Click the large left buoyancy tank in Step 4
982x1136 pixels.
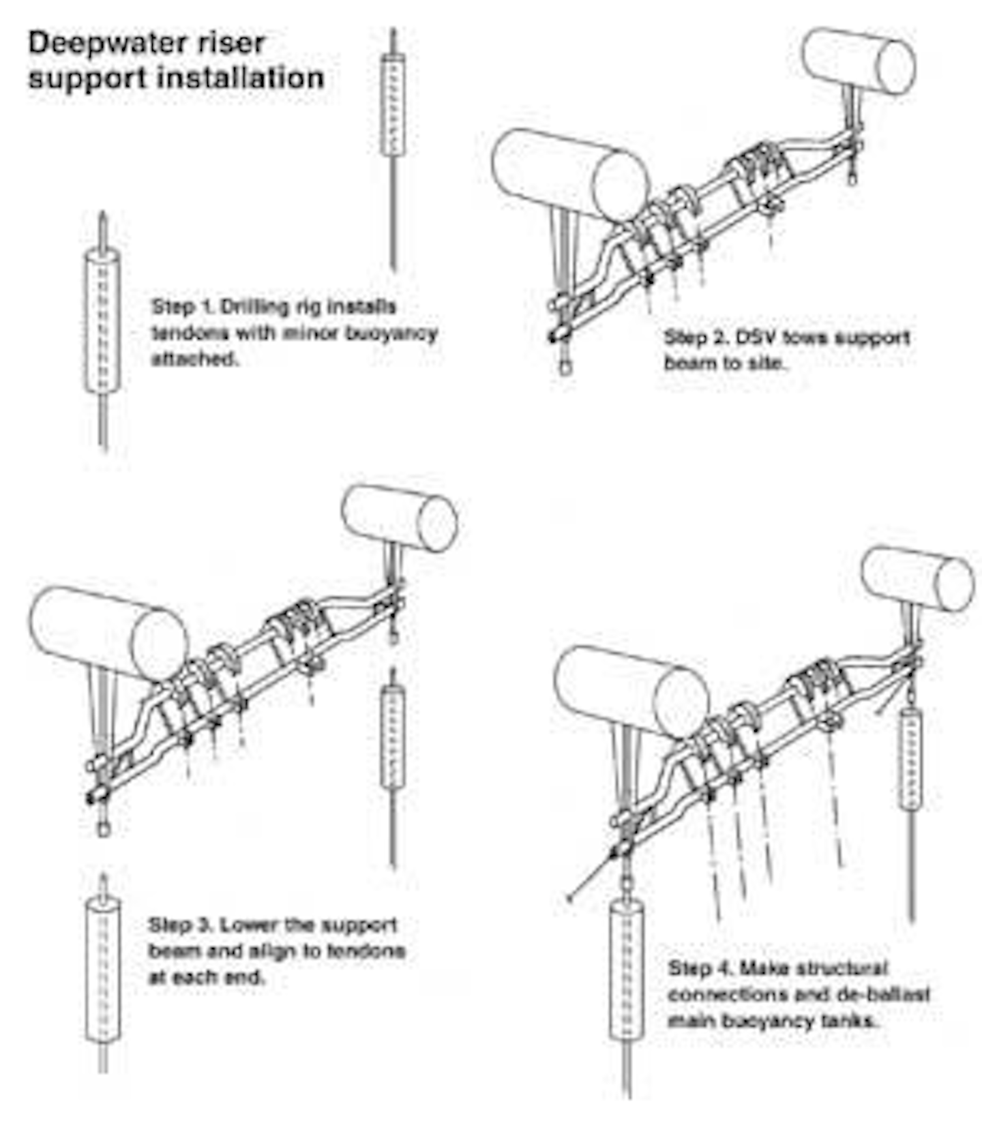(631, 690)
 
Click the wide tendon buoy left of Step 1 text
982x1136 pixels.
(102, 320)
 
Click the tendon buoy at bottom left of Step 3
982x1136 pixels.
(103, 969)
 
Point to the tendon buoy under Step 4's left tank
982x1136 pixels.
(626, 969)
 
